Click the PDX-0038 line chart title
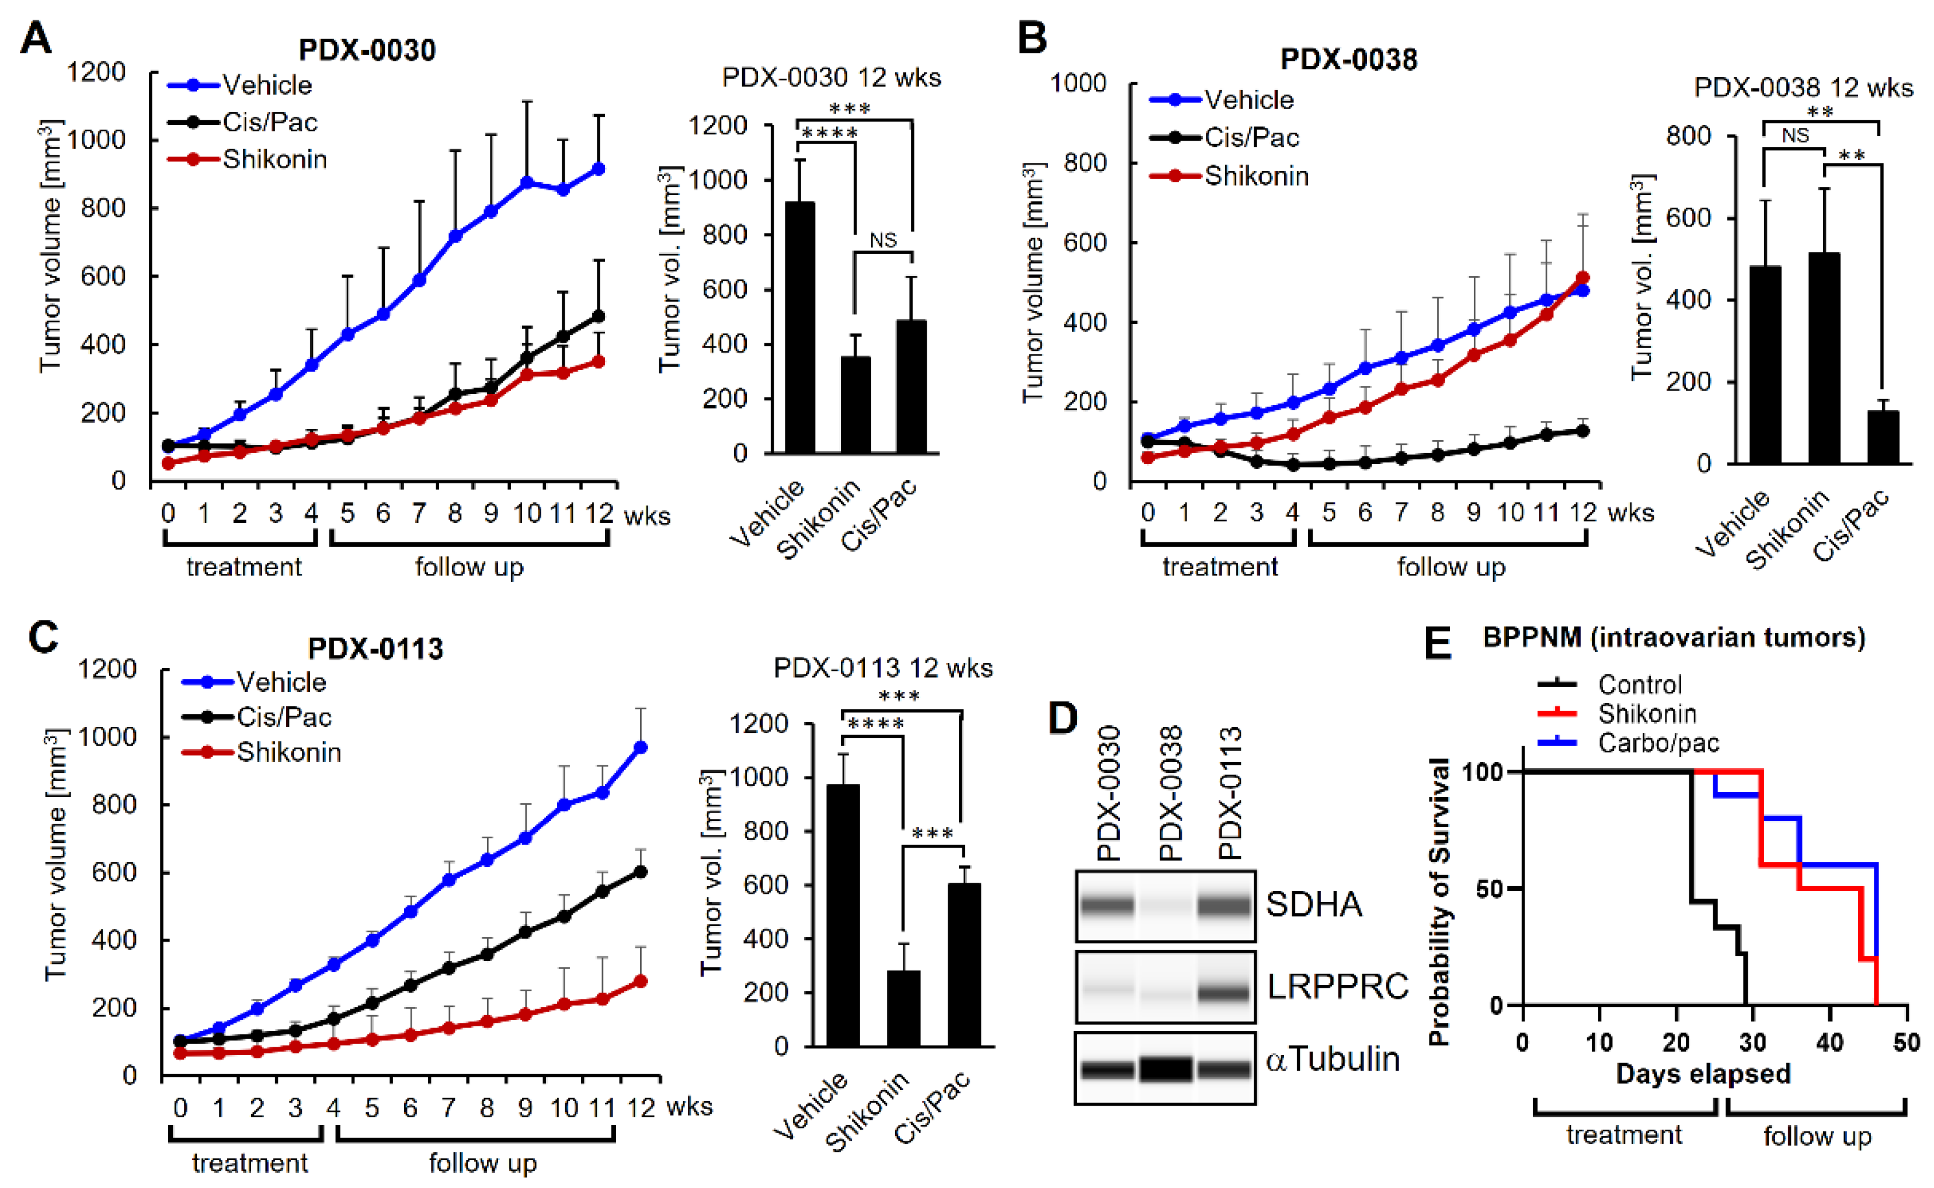coord(1348,60)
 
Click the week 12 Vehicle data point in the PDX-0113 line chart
coord(641,747)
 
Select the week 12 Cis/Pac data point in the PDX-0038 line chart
coord(1582,431)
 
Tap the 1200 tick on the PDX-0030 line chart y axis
coord(95,72)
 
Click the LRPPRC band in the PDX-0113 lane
coord(1223,992)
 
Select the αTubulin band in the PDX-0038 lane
coord(1166,1068)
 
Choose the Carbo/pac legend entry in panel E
coord(1658,743)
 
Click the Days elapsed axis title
coord(1703,1073)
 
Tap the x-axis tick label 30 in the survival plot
coord(1752,1043)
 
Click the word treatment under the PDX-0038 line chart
coord(1220,566)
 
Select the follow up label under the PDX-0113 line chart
coord(482,1163)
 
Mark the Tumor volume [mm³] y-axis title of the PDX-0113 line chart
coord(56,855)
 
